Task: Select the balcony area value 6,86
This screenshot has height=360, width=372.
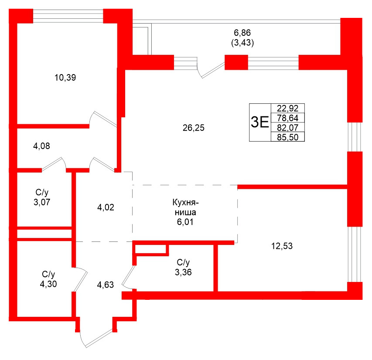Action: click(x=242, y=33)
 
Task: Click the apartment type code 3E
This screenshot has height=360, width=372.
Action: click(x=260, y=122)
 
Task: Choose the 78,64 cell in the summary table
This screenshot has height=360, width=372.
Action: click(x=287, y=118)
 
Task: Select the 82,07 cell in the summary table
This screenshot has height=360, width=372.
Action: click(x=287, y=127)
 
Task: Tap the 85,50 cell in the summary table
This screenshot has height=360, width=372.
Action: click(x=287, y=137)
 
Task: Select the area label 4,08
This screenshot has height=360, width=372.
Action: click(x=41, y=146)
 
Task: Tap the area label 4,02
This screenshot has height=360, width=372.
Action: click(x=106, y=207)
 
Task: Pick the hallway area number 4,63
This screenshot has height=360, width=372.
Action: click(x=106, y=285)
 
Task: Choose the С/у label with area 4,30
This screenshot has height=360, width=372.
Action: click(x=48, y=279)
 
